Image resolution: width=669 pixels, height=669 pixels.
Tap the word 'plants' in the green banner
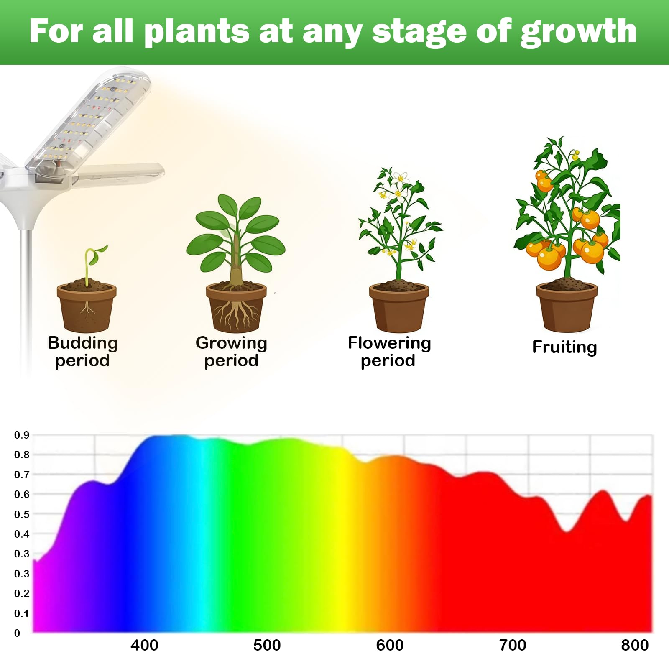click(197, 32)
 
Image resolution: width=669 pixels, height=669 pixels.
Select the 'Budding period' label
click(83, 352)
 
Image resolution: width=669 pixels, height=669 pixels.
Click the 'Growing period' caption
click(231, 352)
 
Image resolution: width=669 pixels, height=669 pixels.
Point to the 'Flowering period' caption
click(389, 352)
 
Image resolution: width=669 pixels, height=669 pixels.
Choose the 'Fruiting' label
click(564, 347)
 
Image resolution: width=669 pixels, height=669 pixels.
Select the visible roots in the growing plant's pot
click(236, 314)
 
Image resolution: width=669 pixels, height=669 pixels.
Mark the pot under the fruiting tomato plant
click(567, 307)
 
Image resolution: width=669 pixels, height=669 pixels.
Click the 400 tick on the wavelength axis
click(144, 645)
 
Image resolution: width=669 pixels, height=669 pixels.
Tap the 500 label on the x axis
click(267, 645)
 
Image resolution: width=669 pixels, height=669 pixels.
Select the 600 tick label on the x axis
click(390, 645)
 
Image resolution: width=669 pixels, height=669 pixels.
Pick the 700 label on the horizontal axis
click(513, 645)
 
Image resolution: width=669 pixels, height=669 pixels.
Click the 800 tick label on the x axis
click(635, 645)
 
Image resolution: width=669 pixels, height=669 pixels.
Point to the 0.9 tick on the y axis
click(22, 435)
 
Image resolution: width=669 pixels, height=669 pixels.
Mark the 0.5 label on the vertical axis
click(22, 514)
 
